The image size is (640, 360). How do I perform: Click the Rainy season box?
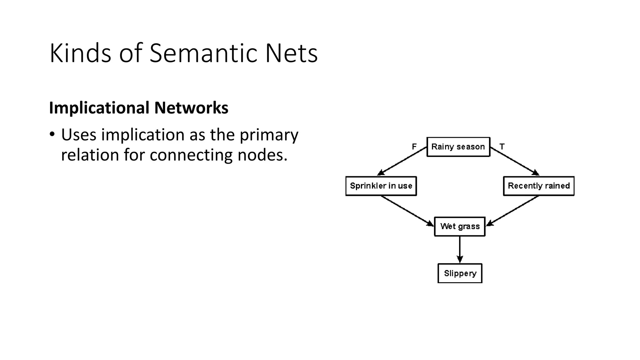tap(458, 147)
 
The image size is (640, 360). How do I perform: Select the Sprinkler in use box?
tap(381, 186)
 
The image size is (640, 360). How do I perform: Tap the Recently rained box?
tap(538, 186)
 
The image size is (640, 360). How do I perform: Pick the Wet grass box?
tap(460, 226)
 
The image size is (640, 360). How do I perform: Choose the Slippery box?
tap(460, 273)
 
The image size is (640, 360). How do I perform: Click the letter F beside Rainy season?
tap(414, 147)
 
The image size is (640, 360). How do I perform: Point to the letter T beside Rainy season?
tap(502, 147)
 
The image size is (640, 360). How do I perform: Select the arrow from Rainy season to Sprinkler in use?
tap(402, 161)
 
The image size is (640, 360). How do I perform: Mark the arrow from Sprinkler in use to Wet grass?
tap(407, 211)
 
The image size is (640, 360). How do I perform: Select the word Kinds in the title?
tap(80, 53)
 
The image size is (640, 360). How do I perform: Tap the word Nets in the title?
tap(291, 53)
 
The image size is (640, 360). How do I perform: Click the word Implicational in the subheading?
tap(99, 108)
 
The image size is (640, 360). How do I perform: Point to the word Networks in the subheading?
tap(191, 108)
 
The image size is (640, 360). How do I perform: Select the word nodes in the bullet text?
tap(262, 155)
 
